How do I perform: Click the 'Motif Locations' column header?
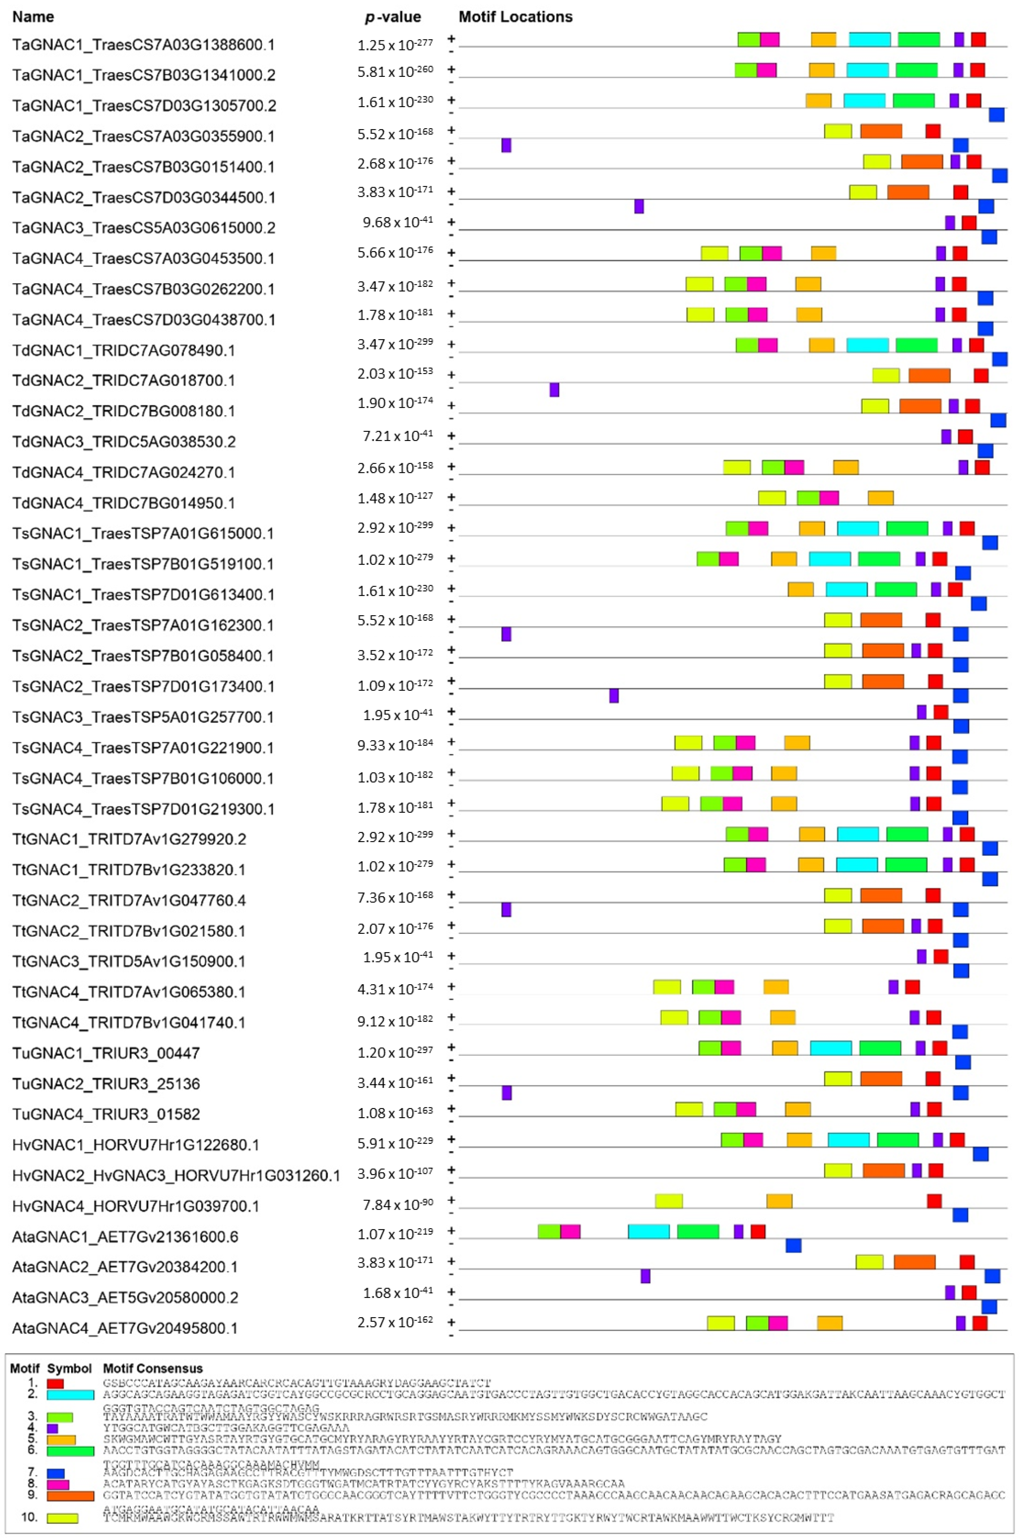(x=515, y=17)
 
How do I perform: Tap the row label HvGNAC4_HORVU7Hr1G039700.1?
(x=135, y=1206)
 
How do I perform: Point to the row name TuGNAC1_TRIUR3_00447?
(x=106, y=1053)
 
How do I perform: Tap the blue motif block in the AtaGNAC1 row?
(x=793, y=1246)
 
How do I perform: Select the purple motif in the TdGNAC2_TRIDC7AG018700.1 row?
(x=554, y=390)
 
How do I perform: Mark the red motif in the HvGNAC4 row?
(x=934, y=1201)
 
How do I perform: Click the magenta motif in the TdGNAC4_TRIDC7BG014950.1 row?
(x=829, y=498)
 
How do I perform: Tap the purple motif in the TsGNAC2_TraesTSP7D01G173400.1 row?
(x=614, y=696)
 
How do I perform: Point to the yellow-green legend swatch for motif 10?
(x=63, y=1518)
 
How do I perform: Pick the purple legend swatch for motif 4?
(x=53, y=1428)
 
